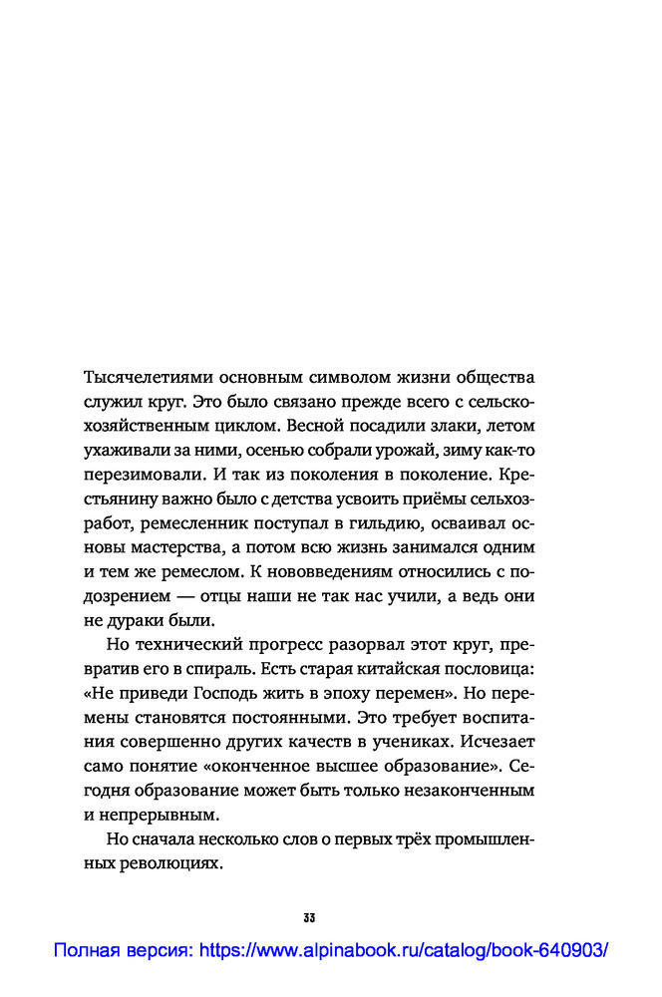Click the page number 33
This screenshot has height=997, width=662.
[308, 917]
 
